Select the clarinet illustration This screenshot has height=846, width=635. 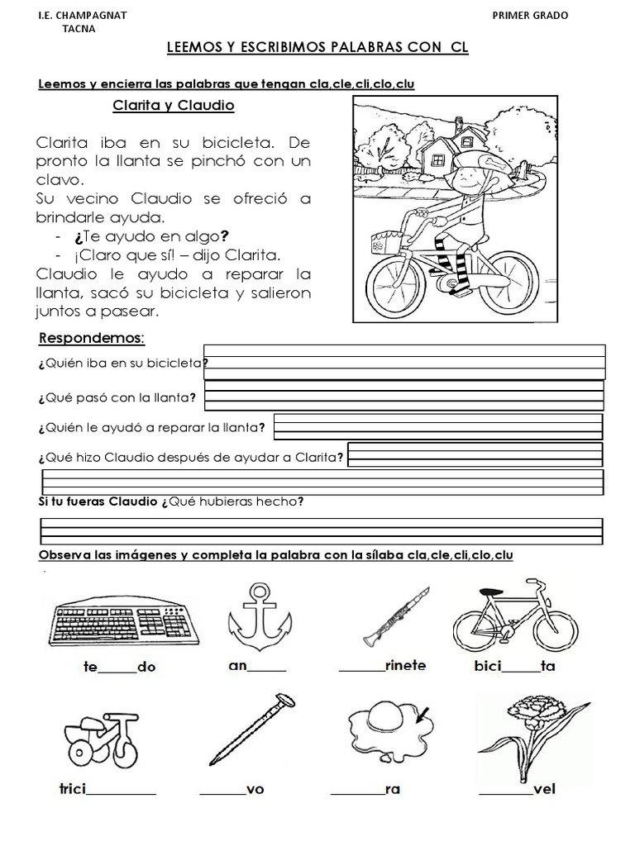coord(395,615)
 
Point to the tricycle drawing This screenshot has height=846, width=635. coord(98,734)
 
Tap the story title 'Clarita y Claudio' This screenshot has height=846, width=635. coord(174,106)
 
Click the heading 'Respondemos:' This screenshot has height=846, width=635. coord(92,339)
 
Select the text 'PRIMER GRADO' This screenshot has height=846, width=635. coord(530,15)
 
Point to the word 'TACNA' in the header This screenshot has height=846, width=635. coord(79,28)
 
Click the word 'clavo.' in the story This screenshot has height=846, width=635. coord(60,179)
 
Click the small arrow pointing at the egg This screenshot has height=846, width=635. coord(427,714)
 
